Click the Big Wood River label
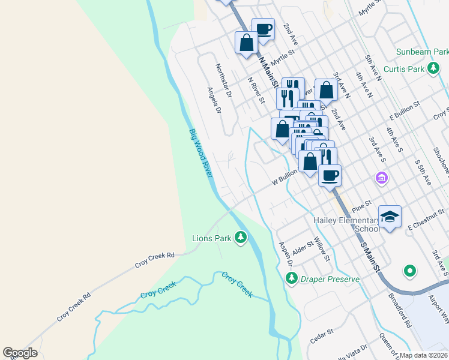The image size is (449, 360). point(200,153)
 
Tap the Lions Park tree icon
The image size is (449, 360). point(241,238)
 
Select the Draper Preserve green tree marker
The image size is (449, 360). point(292,278)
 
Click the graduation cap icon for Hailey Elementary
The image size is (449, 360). point(390,217)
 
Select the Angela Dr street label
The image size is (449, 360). point(214,100)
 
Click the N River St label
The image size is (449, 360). point(256,91)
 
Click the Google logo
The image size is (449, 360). point(20,352)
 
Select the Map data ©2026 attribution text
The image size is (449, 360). point(423,355)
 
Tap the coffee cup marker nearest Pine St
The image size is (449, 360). point(330,176)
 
